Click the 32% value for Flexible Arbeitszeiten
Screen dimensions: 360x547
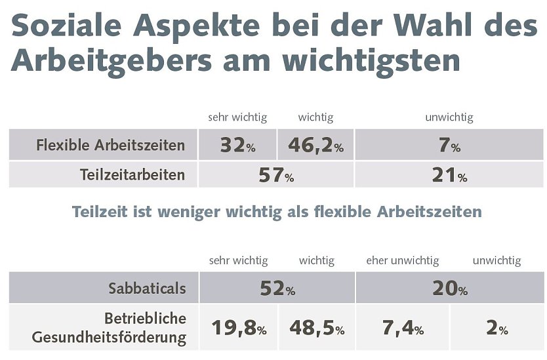click(x=237, y=145)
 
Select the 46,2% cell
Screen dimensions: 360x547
click(x=315, y=145)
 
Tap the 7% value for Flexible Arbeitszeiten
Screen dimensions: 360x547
click(x=449, y=145)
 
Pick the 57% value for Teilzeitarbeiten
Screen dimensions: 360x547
click(x=275, y=175)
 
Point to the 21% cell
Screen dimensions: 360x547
click(x=449, y=175)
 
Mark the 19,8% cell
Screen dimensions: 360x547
click(x=239, y=328)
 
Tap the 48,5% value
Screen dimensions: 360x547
click(x=317, y=328)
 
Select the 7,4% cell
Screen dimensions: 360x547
click(x=403, y=328)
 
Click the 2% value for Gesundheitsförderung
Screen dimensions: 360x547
click(x=496, y=328)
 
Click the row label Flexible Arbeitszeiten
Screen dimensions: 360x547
click(x=111, y=145)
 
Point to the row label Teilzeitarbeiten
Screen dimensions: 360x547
click(x=132, y=175)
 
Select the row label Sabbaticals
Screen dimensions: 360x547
click(x=148, y=288)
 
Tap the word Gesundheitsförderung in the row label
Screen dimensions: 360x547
click(x=109, y=338)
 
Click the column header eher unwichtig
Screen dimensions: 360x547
click(x=402, y=261)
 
